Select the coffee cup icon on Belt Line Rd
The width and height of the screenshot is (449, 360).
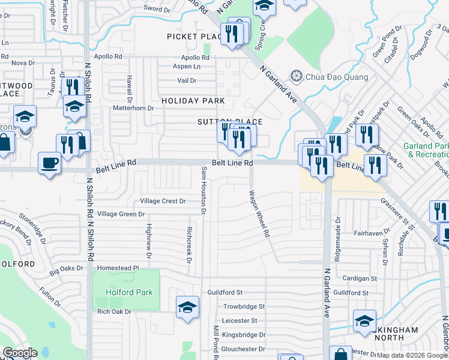click(49, 162)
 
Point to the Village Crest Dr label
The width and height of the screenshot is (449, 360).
click(163, 201)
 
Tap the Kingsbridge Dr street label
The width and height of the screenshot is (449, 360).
click(243, 335)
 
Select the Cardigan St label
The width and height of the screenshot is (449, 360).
click(359, 278)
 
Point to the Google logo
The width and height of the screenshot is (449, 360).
click(20, 353)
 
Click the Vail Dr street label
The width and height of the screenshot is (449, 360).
click(187, 80)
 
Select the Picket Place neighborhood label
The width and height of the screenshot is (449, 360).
click(191, 37)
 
